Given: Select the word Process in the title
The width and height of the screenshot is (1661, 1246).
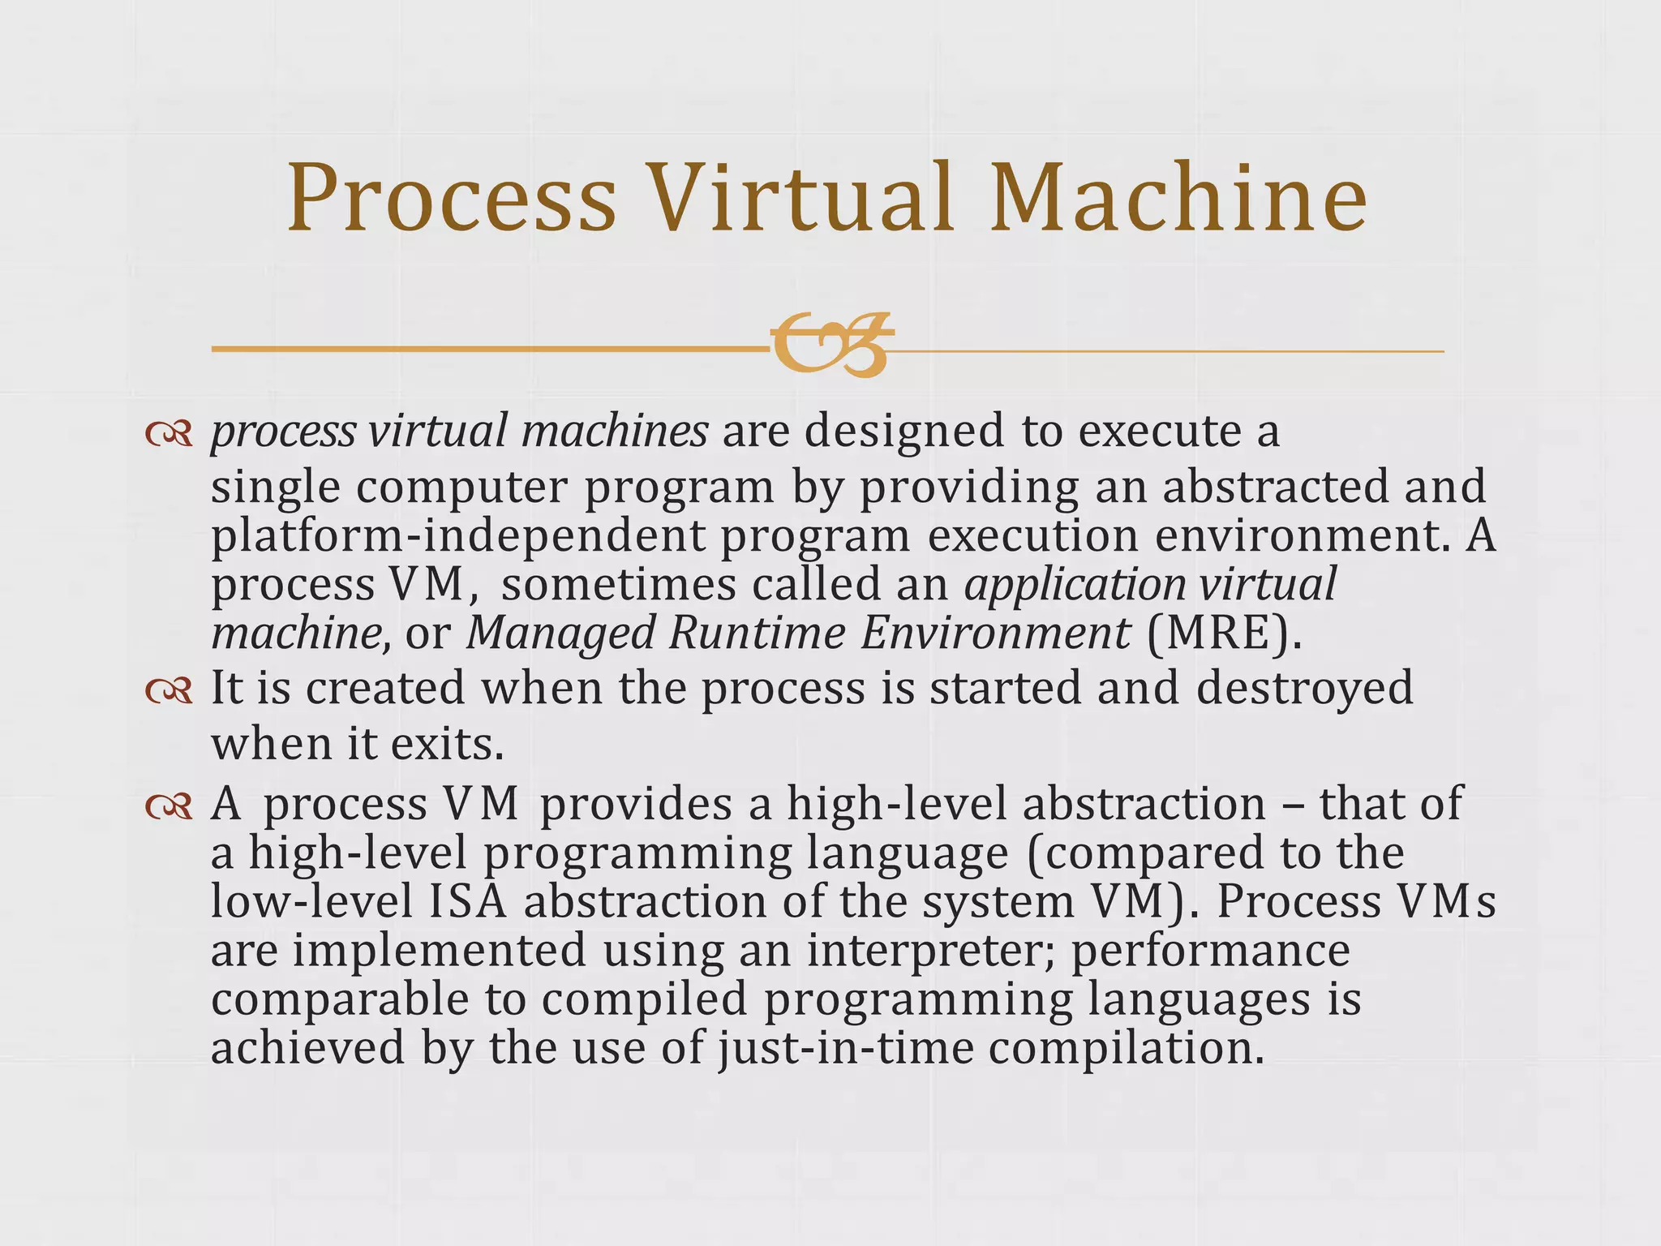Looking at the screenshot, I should click(x=452, y=199).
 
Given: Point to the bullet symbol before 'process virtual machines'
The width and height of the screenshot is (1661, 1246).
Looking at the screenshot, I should click(x=169, y=435).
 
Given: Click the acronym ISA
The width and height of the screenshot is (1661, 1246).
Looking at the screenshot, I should click(x=468, y=902).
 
